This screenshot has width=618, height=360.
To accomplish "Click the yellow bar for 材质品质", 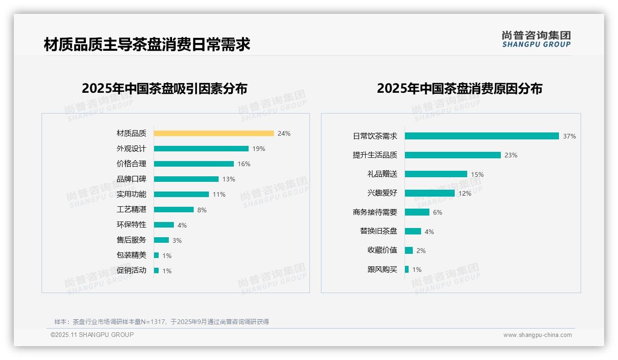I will [x=214, y=133].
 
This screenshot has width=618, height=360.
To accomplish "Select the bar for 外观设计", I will [x=201, y=149].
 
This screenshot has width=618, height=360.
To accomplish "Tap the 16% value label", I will [x=244, y=164].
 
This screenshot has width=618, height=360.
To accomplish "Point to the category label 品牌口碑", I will [x=131, y=179].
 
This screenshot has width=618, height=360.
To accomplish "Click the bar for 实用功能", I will [x=181, y=194].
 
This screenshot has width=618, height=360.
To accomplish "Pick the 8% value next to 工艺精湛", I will [x=202, y=210].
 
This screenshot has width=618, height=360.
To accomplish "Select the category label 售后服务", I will [x=131, y=240].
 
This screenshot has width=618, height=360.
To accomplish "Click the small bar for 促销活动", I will [x=156, y=270].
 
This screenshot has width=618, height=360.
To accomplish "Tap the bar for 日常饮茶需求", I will [x=482, y=136].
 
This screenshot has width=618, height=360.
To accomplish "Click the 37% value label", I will [x=570, y=137].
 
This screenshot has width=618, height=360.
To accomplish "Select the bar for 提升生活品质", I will [x=453, y=155].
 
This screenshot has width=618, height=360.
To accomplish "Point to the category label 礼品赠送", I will [x=382, y=174].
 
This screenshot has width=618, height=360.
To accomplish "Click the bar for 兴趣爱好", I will [x=430, y=193].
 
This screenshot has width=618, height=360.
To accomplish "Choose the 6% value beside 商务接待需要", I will [x=438, y=212].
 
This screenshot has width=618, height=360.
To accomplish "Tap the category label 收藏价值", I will [x=382, y=250].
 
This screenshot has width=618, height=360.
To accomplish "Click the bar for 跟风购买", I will [x=407, y=269].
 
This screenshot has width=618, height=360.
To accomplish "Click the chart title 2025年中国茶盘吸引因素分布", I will [x=165, y=89].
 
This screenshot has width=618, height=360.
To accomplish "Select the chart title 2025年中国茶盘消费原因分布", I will [x=459, y=89].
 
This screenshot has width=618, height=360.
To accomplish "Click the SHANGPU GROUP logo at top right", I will [x=536, y=39].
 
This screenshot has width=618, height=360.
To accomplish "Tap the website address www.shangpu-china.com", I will [x=537, y=335].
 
